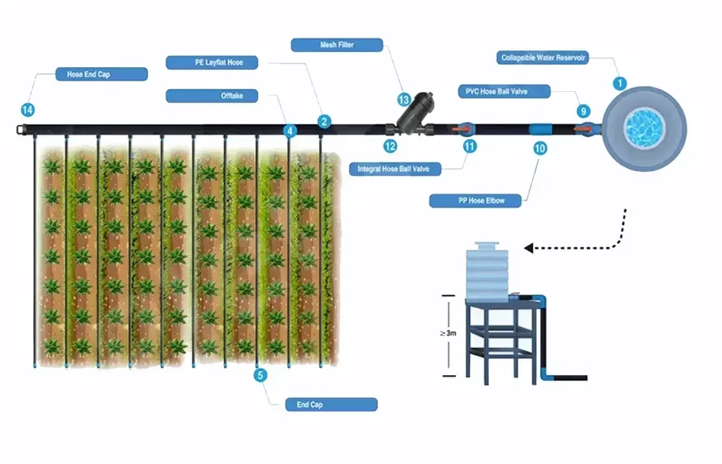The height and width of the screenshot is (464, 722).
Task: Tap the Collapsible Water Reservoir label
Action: pos(544,58)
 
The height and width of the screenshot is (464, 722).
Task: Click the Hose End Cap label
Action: pos(101,74)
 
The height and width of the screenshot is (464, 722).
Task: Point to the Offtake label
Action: pos(211,96)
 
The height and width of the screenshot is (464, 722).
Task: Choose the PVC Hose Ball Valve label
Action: pos(504,91)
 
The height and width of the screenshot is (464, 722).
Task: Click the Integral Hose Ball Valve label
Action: pos(394,169)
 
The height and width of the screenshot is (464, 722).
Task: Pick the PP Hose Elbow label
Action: pos(475,201)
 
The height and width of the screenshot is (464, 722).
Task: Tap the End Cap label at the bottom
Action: pos(331,404)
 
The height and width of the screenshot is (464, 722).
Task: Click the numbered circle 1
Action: pos(620,84)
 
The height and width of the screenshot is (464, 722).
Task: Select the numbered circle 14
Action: pos(27,110)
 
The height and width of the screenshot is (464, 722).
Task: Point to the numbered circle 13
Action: pos(404,99)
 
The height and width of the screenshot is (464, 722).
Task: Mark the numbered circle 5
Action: pos(260,375)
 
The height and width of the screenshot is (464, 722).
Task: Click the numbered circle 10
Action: pos(539,148)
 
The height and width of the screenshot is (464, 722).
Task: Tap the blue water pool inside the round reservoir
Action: pos(645,126)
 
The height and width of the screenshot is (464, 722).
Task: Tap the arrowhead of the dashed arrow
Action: pos(529,247)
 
